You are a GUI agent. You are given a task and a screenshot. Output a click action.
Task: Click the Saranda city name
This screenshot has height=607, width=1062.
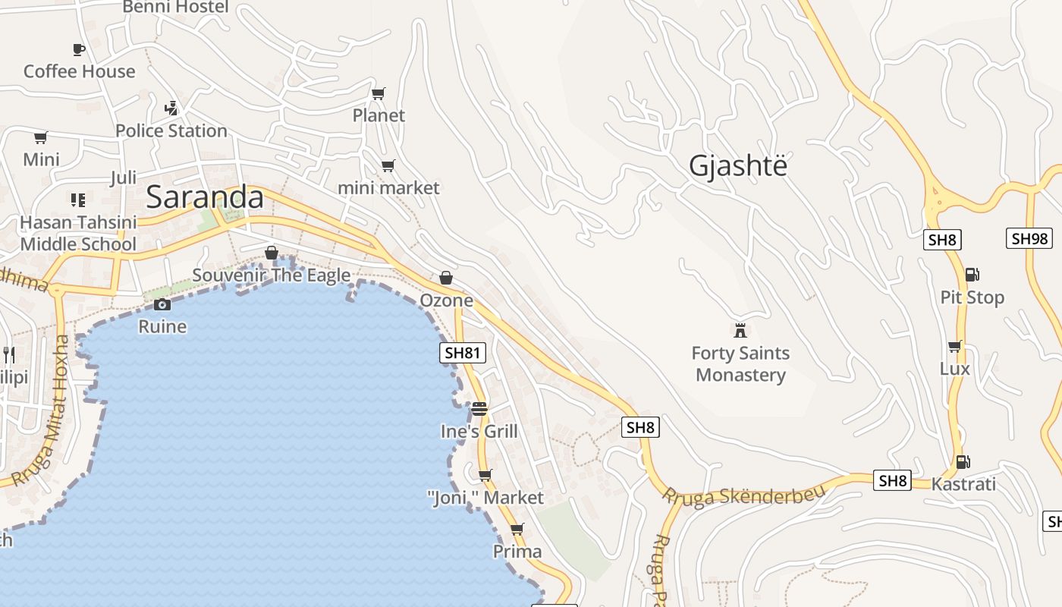coord(205,197)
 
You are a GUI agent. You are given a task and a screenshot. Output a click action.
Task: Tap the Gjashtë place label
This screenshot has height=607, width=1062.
coord(738,166)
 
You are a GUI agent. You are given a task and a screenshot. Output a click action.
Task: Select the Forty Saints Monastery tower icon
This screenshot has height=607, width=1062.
coord(740,330)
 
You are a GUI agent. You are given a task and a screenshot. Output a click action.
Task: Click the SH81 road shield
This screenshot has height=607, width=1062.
coord(463,353)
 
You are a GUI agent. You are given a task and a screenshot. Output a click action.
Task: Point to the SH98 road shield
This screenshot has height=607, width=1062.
coord(1029,238)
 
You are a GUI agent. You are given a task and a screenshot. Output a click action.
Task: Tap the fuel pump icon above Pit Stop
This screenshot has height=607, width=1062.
coord(972,275)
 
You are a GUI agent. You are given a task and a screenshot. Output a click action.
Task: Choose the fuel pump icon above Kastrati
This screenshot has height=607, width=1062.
coord(963,461)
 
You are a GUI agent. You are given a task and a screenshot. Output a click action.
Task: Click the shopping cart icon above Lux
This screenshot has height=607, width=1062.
coord(954,347)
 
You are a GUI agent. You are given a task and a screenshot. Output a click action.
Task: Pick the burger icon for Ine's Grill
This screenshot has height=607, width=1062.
coord(479,409)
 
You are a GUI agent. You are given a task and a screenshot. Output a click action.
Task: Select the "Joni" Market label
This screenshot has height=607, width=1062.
coord(485,498)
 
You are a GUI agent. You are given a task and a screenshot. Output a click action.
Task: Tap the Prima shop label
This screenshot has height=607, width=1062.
coord(517,552)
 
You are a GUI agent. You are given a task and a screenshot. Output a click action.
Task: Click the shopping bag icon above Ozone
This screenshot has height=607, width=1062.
coord(446,278)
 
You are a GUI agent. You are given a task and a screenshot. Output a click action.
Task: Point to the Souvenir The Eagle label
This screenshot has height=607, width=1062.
coord(271,275)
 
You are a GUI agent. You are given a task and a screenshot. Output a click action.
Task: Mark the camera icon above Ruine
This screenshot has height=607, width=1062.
coord(162,305)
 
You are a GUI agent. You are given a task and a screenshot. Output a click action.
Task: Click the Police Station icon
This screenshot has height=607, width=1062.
coord(171,109)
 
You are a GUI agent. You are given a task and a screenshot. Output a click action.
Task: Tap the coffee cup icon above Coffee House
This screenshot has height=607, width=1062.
coord(78,50)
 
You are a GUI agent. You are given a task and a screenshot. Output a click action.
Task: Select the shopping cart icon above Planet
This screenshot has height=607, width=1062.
coord(378,94)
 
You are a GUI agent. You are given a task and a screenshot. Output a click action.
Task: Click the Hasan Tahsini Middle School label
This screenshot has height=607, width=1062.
coord(78,233)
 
